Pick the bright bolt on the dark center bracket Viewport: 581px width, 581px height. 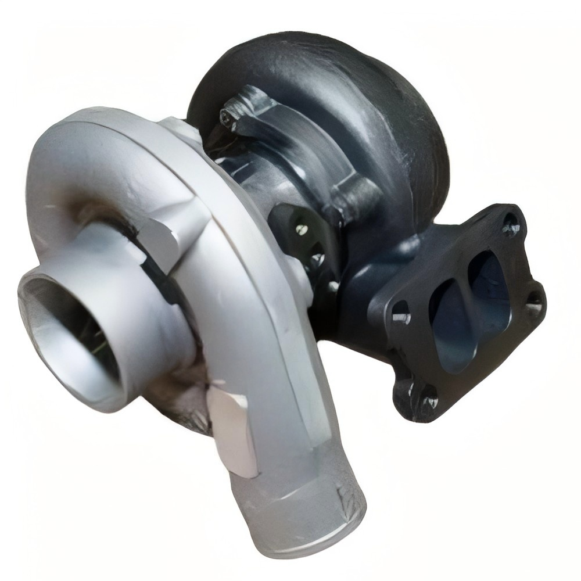point(300,229)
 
